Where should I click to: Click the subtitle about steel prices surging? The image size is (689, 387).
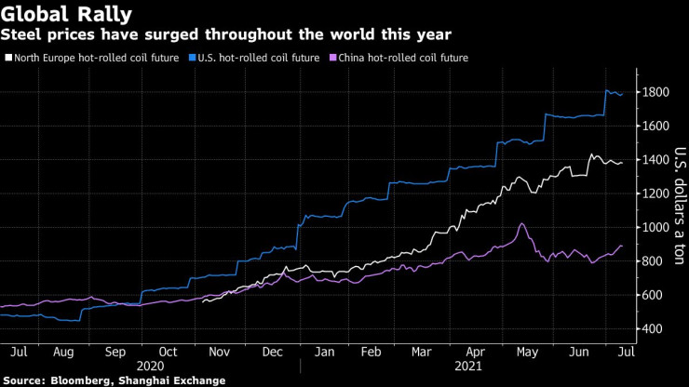(226, 35)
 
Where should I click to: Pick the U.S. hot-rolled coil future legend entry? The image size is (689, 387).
(256, 58)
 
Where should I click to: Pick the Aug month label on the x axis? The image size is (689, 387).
(64, 353)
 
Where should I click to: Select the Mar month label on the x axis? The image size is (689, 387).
(423, 353)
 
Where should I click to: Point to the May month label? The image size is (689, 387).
(528, 353)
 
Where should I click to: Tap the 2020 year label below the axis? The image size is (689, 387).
(149, 367)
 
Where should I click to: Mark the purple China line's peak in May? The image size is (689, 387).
(522, 223)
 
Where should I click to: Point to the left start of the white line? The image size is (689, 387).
(203, 300)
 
